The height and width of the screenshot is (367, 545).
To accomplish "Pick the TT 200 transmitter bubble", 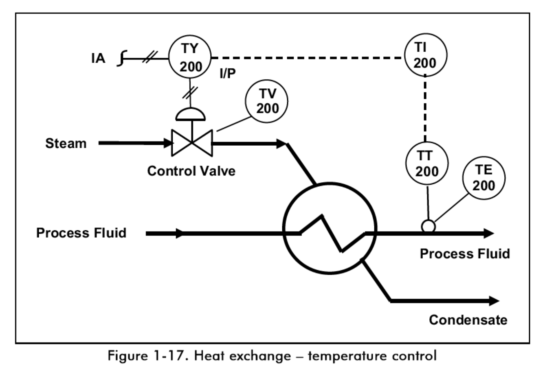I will pyautogui.click(x=427, y=164).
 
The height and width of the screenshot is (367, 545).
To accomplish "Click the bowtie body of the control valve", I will pyautogui.click(x=192, y=143).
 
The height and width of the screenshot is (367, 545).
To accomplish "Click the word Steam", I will pyautogui.click(x=66, y=144).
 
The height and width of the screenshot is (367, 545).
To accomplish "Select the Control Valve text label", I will pyautogui.click(x=191, y=170).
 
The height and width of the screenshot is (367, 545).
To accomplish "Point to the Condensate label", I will pyautogui.click(x=468, y=320).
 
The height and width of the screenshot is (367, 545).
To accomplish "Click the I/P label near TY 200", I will pyautogui.click(x=227, y=74).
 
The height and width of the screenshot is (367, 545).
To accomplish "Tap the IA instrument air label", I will pyautogui.click(x=98, y=59).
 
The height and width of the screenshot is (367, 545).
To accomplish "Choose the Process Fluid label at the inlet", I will pyautogui.click(x=81, y=233).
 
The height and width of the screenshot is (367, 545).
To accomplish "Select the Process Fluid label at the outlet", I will pyautogui.click(x=465, y=254).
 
